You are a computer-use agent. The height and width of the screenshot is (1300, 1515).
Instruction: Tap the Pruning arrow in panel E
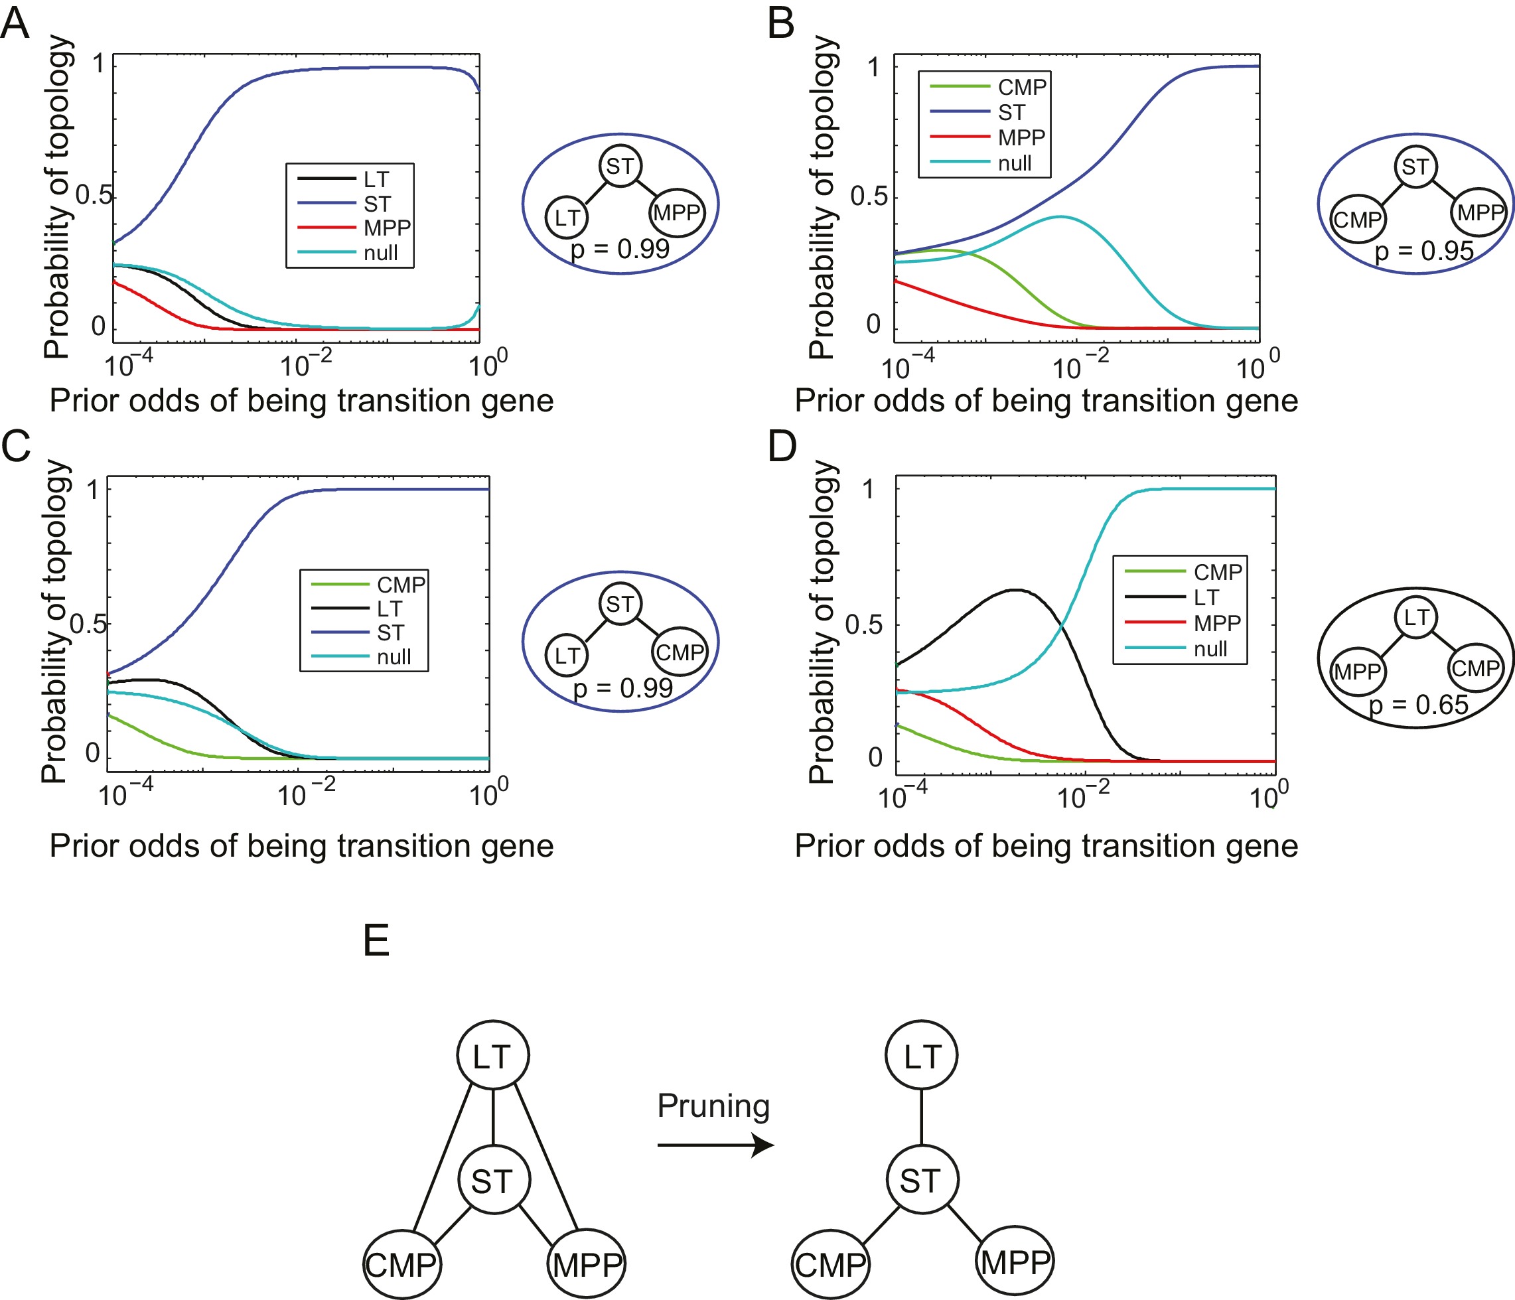coord(715,1144)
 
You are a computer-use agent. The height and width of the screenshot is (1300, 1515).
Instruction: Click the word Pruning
coord(713,1106)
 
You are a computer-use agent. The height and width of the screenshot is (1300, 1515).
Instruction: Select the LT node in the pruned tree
coord(921,1056)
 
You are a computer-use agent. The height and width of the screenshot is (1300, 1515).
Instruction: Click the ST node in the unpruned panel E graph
coord(493,1181)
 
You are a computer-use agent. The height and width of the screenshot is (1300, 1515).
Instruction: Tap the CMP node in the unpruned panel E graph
coord(401,1265)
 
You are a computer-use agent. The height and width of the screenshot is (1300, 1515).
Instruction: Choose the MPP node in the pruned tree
coord(1015,1262)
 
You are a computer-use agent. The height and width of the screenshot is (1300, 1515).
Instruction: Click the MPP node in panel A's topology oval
coord(677,214)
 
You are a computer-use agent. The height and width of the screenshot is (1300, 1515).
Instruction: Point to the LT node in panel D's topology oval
coord(1416,618)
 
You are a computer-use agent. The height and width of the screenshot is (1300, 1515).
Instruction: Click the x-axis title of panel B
coord(1046,401)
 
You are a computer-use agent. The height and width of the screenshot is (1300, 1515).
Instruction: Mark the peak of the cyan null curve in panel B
coord(1060,216)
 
